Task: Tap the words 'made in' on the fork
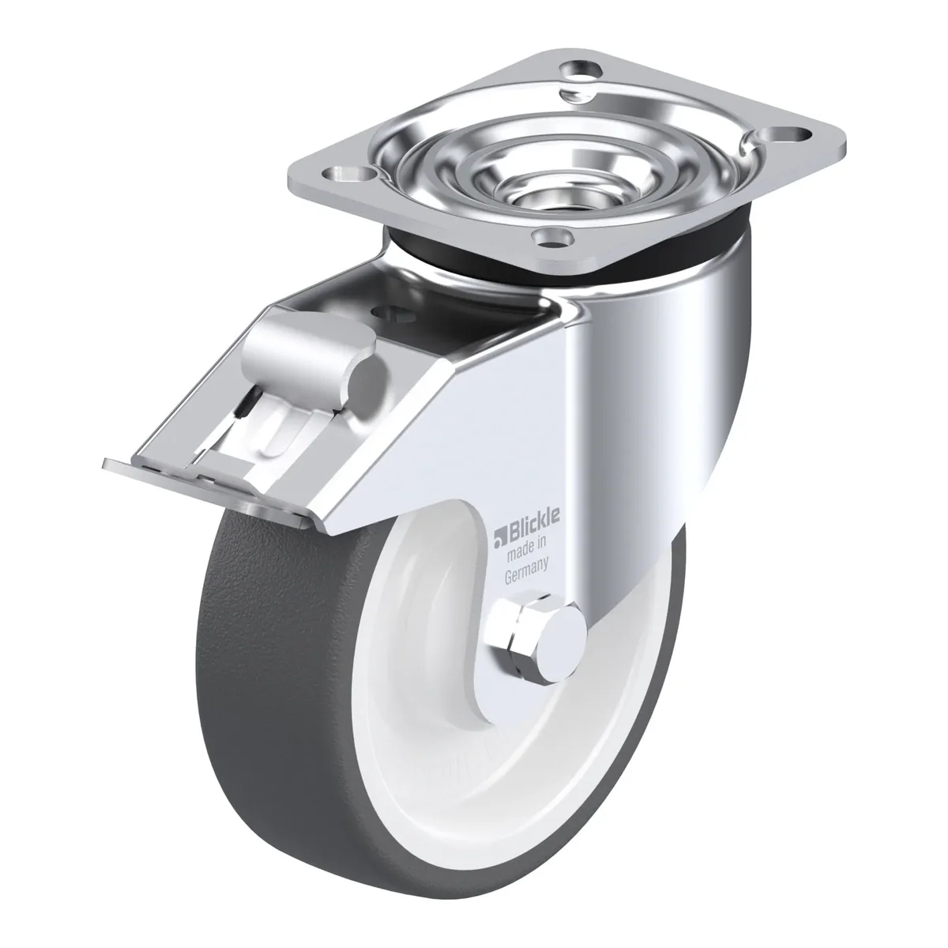pos(526,552)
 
